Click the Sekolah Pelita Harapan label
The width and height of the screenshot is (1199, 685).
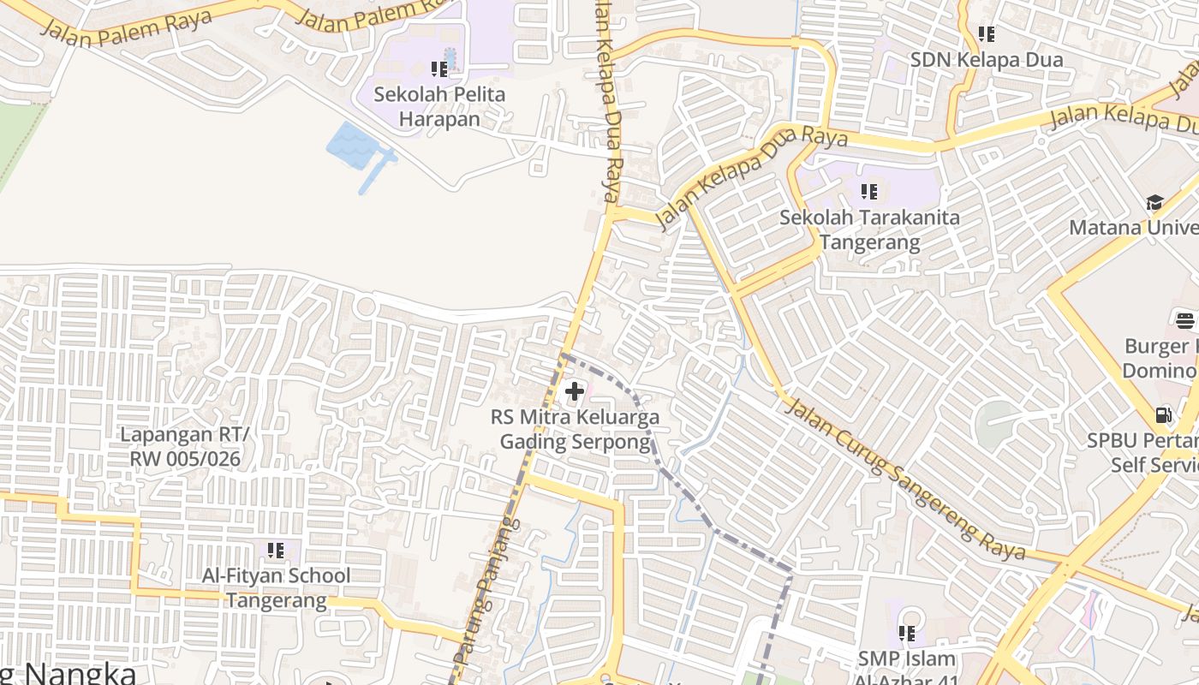point(440,106)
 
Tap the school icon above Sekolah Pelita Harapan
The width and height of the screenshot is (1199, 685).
point(439,68)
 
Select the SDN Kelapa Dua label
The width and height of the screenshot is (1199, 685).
point(987,60)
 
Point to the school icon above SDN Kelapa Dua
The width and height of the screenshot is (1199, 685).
point(987,34)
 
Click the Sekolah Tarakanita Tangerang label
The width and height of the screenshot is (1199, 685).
point(869,229)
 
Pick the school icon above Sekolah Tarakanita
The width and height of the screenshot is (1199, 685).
point(869,191)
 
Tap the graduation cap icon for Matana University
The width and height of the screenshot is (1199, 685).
point(1154,203)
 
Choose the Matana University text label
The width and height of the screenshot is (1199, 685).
point(1135,228)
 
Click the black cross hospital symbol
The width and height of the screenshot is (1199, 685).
point(575,392)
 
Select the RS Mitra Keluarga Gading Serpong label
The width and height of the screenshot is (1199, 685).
point(575,430)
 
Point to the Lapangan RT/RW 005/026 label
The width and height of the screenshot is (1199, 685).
point(185,446)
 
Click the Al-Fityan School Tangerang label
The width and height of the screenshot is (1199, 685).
point(276,587)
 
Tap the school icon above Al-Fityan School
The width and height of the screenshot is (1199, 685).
point(276,550)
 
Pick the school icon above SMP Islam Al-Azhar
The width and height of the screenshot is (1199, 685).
point(906,634)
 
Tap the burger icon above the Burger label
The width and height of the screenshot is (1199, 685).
point(1185,321)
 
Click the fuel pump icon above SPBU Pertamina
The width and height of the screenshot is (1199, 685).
point(1163,415)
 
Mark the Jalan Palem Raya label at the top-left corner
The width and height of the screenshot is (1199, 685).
point(127,29)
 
